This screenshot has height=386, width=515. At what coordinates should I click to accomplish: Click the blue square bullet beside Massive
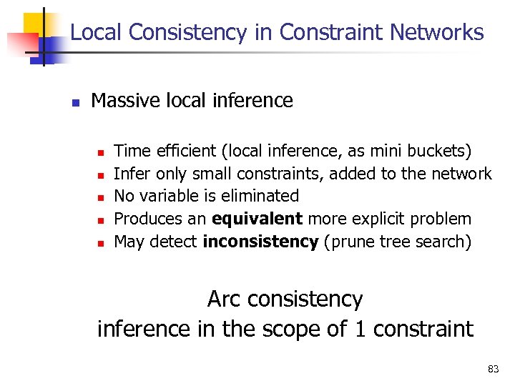coord(74,102)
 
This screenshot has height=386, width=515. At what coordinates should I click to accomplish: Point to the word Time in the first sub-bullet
coord(129,151)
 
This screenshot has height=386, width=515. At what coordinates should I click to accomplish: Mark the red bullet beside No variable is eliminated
coord(102,197)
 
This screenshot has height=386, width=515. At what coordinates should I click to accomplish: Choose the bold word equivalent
coord(250,219)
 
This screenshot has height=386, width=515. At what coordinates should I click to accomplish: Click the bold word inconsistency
coord(260,242)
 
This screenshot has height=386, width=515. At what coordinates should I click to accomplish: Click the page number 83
coord(493,369)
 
